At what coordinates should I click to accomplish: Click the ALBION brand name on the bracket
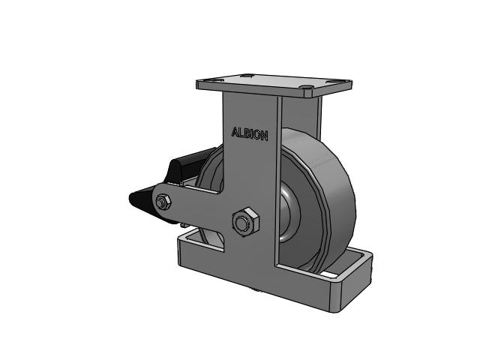[x=250, y=133]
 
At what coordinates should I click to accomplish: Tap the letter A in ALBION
[x=235, y=132]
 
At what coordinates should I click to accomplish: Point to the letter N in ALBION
[x=265, y=136]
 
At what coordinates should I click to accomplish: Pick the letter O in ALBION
[x=256, y=135]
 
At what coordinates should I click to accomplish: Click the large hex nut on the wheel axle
[x=245, y=222]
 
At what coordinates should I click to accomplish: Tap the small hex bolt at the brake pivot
[x=163, y=202]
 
